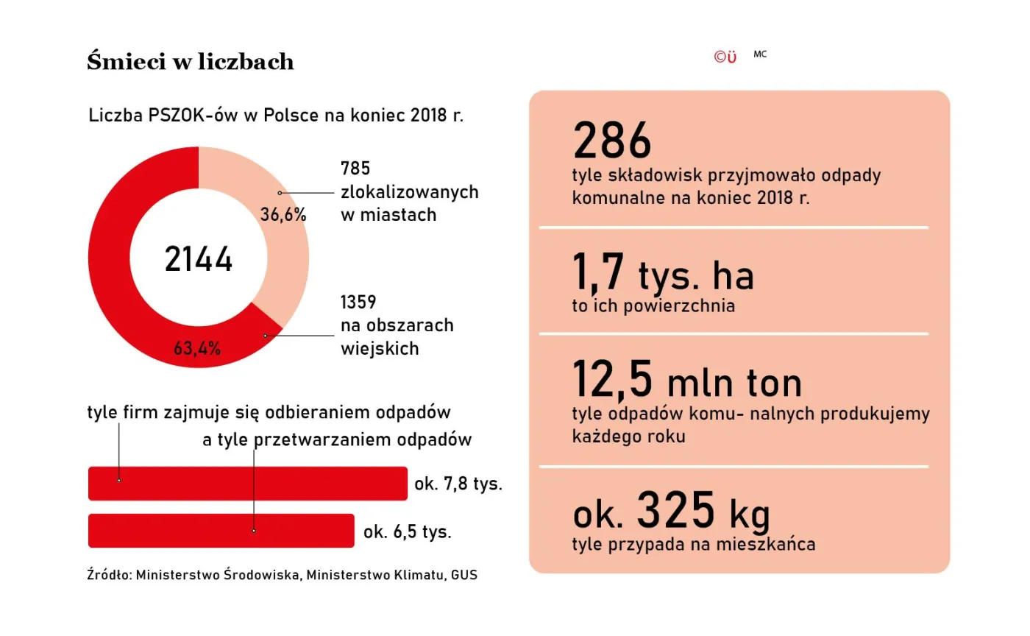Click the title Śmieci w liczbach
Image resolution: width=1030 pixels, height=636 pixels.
click(191, 62)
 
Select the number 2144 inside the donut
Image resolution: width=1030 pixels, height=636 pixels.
click(199, 260)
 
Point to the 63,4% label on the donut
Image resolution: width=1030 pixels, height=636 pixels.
click(197, 348)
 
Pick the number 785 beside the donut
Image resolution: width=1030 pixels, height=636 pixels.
click(356, 169)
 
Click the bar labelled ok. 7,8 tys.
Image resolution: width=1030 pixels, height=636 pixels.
click(247, 484)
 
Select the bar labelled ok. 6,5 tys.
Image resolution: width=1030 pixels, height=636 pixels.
click(221, 531)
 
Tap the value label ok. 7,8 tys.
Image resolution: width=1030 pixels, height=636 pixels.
click(458, 484)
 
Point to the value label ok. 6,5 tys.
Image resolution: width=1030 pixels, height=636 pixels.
click(407, 531)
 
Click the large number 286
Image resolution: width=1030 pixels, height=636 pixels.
click(612, 141)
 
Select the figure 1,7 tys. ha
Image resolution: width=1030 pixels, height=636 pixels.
click(663, 275)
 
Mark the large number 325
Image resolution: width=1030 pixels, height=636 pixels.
click(675, 510)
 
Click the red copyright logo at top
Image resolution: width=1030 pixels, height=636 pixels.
click(725, 57)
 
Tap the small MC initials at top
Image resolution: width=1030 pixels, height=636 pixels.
click(760, 54)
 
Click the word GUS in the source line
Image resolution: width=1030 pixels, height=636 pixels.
click(464, 575)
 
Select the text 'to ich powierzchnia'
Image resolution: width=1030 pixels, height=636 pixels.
click(653, 306)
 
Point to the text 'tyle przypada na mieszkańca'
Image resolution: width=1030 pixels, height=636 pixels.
click(693, 545)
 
